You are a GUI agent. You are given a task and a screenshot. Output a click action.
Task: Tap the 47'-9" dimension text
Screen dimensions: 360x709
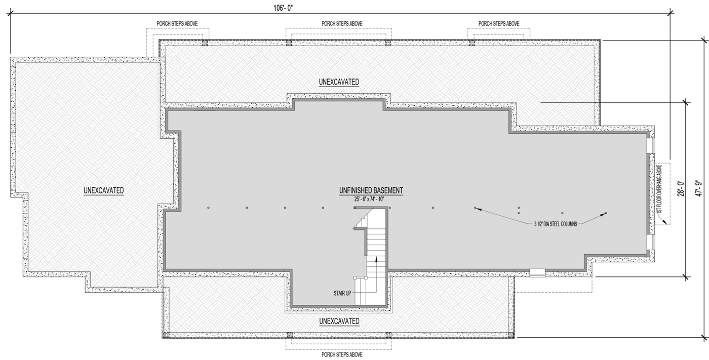(699, 188)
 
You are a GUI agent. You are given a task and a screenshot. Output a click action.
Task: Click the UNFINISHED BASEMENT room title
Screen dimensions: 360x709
(371, 191)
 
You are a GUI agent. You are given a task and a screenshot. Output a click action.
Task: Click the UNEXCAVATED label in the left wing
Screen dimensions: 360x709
(104, 190)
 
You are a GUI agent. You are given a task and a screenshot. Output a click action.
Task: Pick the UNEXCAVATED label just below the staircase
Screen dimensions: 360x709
(339, 322)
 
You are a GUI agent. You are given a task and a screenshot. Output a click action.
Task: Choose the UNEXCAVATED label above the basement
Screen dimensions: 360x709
(339, 82)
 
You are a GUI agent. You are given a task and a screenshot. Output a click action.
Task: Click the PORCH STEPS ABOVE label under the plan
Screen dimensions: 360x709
(342, 354)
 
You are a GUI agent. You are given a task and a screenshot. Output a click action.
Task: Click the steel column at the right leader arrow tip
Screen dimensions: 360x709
(606, 213)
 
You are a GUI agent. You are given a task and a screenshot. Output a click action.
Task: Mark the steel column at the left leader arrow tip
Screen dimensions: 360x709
(475, 208)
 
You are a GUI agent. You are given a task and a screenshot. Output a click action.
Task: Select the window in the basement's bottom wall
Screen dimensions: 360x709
(537, 272)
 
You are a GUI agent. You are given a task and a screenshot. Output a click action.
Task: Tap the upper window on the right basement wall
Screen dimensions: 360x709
(650, 145)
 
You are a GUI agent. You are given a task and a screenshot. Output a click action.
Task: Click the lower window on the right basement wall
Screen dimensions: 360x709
(650, 242)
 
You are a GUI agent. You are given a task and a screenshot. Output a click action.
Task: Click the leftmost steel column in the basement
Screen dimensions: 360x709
(208, 208)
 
